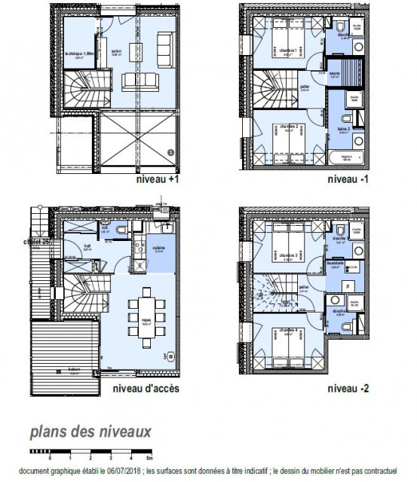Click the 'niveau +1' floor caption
158,181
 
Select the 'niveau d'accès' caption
146,389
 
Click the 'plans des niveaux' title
90,432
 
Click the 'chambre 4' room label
286,330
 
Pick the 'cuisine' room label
158,250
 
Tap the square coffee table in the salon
136,50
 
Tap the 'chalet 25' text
35,242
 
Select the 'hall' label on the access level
87,245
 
